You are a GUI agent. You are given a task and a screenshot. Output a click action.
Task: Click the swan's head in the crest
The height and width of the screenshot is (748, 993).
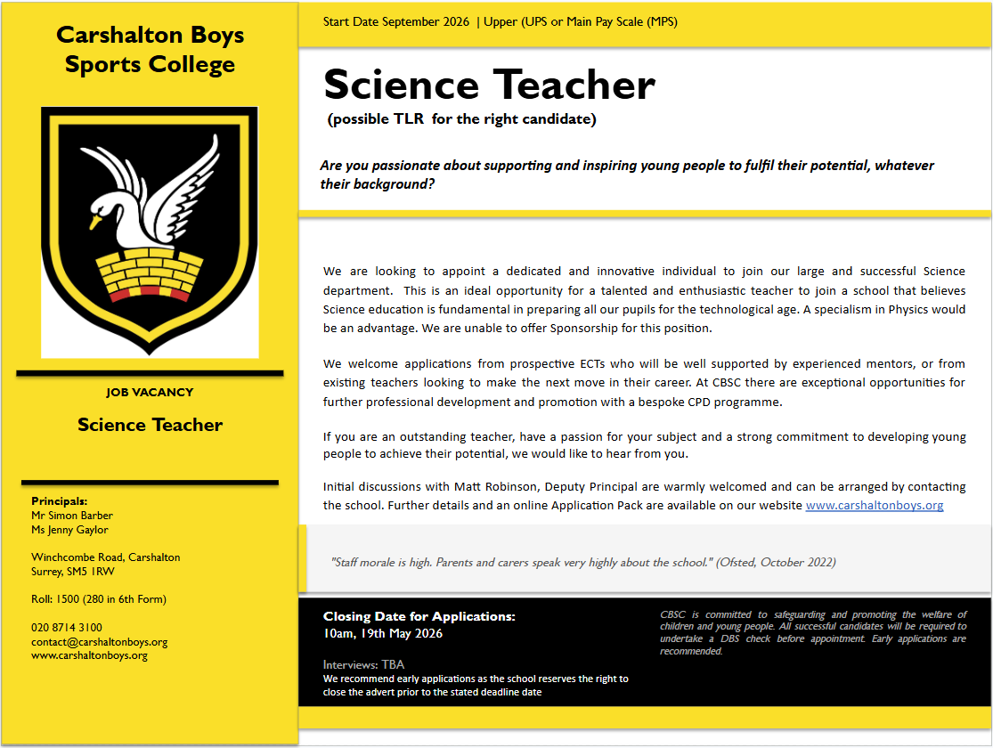coord(104,213)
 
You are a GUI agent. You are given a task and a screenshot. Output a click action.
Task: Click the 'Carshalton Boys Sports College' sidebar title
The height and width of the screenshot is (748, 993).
coord(150,50)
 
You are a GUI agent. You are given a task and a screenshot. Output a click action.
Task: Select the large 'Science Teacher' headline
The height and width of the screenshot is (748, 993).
coord(489,85)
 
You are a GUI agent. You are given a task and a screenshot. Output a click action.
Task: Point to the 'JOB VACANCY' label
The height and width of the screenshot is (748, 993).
coord(150,392)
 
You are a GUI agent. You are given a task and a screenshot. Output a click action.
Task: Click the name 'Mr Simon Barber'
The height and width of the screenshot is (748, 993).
coord(72,515)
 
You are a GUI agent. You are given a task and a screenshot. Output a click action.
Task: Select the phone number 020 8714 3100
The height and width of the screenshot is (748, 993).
coord(67,627)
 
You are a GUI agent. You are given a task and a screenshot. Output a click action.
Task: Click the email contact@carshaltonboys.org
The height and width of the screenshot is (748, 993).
coord(100,641)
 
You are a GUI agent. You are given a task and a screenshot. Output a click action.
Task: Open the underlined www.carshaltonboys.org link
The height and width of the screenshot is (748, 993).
coord(874,505)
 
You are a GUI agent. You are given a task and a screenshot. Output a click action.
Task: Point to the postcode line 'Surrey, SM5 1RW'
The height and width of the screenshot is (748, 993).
coord(72,571)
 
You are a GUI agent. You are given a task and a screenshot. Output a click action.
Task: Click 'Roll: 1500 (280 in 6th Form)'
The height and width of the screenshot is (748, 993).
coord(99,599)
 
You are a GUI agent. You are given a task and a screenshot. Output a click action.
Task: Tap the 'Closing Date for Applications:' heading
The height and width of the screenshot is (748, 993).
coord(419,616)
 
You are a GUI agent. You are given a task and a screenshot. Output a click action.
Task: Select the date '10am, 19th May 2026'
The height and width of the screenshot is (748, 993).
coord(383,633)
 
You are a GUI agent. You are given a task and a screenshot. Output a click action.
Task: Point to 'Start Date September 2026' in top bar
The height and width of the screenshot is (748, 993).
coord(395,21)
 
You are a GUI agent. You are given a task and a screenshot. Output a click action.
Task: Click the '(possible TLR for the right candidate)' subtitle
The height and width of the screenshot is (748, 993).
coord(462,119)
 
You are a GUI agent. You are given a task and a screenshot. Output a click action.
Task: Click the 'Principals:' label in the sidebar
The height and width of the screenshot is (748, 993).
coord(59,500)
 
